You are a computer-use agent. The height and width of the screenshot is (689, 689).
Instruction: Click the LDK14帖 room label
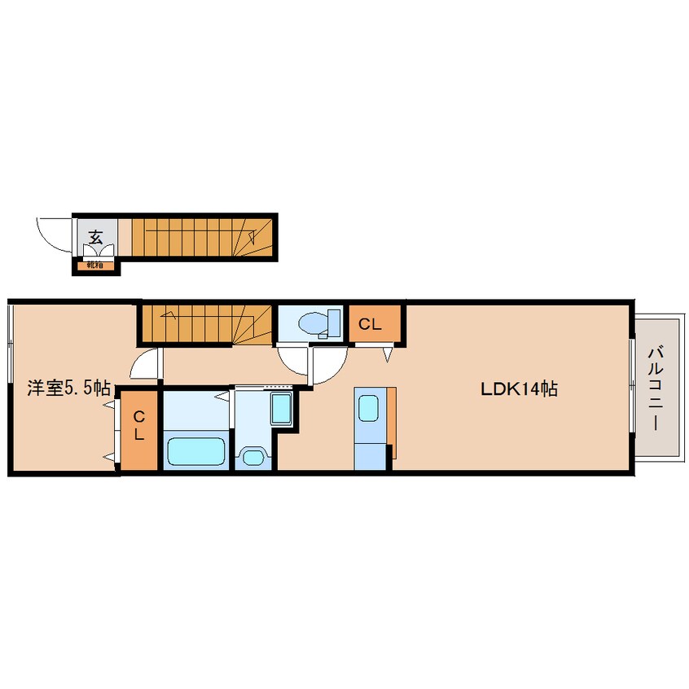coord(518,389)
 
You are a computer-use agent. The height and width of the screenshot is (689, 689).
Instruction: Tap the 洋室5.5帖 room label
coord(68,388)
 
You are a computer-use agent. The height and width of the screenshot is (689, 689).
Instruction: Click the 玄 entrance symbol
coord(95,238)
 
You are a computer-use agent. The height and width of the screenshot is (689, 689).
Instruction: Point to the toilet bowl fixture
coord(314,323)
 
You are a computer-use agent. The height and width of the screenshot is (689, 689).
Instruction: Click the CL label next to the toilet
coord(371,324)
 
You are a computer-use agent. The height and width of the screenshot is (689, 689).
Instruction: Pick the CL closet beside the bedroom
coord(139,425)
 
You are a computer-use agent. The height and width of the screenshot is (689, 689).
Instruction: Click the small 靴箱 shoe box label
coord(94,265)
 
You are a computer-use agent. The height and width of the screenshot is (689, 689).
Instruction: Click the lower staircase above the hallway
coord(206,323)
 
